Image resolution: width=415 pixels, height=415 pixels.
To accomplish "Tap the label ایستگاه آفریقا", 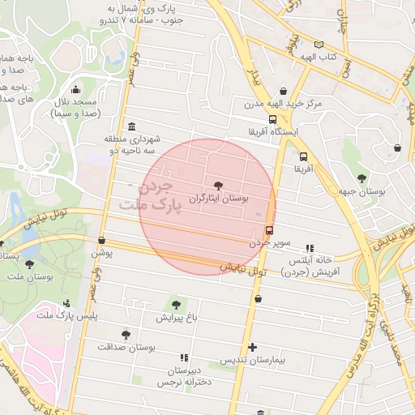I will pyautogui.click(x=278, y=130).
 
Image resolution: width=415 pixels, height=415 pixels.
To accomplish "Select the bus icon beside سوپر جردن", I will pyautogui.click(x=269, y=229).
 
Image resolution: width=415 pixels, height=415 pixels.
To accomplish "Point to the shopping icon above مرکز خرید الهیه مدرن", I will pyautogui.click(x=283, y=92).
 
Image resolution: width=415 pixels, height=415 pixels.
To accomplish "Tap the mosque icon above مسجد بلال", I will pyautogui.click(x=75, y=89).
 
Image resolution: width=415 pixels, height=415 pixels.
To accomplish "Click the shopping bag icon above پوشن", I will pyautogui.click(x=101, y=240).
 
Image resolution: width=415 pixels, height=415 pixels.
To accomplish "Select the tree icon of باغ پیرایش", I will pyautogui.click(x=176, y=306).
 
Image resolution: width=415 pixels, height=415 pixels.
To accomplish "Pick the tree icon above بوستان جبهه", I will pyautogui.click(x=362, y=178).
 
